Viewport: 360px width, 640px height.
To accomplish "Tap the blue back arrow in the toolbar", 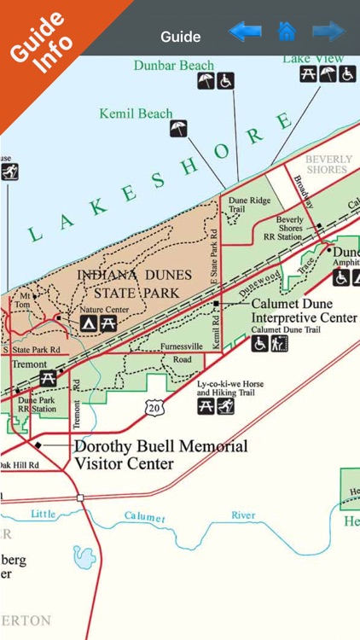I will point(245,32).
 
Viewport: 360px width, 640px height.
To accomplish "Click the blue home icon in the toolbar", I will point(287,32).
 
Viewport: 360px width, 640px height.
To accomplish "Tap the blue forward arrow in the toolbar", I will point(328,32).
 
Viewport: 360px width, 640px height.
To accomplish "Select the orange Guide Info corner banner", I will point(38,38).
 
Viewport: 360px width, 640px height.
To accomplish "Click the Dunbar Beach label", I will point(174,65).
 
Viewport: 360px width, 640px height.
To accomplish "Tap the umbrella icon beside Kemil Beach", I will point(179,129).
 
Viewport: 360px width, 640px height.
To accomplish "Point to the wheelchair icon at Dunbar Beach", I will point(225,81).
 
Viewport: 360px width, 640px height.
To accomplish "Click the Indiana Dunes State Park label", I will point(141,285).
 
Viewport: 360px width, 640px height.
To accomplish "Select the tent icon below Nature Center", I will point(89,323).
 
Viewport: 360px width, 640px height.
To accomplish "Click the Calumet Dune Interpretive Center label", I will point(303,311).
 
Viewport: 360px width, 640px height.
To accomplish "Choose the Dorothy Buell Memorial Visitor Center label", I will point(160,455).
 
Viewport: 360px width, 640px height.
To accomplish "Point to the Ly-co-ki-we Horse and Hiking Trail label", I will point(230,389).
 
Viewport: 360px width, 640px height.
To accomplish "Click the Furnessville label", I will point(182,346).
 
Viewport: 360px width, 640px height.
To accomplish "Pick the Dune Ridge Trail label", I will point(248,204).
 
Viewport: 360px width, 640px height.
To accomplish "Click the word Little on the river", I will point(43,514).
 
